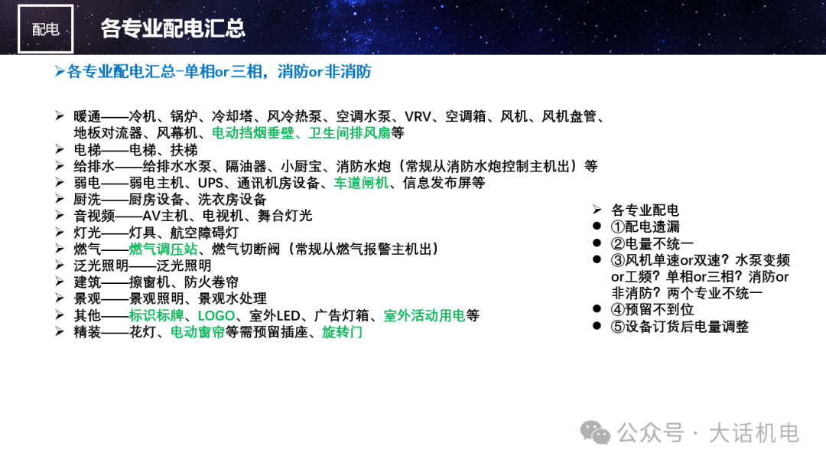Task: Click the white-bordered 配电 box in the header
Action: click(x=45, y=29)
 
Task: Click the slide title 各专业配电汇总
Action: click(x=173, y=28)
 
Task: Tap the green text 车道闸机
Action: click(x=361, y=183)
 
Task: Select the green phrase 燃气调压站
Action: click(x=163, y=249)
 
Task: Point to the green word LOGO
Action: click(x=216, y=316)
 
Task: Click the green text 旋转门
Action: click(x=342, y=332)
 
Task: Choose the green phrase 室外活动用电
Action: click(x=424, y=316)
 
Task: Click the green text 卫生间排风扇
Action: click(x=350, y=133)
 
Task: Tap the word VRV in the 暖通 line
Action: click(x=418, y=116)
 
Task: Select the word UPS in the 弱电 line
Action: click(x=211, y=183)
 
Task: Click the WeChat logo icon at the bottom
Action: click(x=595, y=433)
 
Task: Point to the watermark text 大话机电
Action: click(x=754, y=433)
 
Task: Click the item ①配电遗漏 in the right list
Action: click(x=646, y=226)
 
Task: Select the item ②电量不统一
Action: click(x=652, y=243)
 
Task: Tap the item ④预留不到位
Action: click(x=652, y=309)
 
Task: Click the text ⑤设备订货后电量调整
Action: click(x=680, y=326)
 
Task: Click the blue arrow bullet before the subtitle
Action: click(x=60, y=71)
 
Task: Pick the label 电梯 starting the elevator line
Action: click(x=87, y=150)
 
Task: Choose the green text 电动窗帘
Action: click(x=197, y=332)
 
